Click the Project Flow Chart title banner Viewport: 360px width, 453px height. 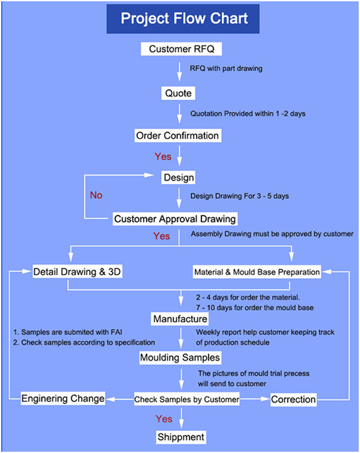click(x=183, y=19)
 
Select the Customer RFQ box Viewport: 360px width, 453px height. click(x=181, y=49)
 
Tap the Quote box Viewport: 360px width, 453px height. click(x=178, y=94)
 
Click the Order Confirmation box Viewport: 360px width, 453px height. click(x=178, y=136)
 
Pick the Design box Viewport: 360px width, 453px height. click(x=178, y=177)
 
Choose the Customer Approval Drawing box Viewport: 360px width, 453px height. click(x=175, y=219)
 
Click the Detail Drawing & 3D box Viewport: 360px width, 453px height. click(x=77, y=272)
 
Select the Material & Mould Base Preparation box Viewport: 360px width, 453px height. click(x=257, y=272)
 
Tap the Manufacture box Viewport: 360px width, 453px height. click(x=180, y=319)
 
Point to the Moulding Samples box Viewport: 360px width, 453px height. click(x=180, y=357)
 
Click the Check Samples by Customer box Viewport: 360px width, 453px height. click(x=187, y=399)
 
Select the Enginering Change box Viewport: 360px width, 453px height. click(x=63, y=399)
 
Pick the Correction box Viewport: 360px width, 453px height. click(x=294, y=399)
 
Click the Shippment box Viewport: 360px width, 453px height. click(x=181, y=437)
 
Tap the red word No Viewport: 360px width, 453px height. click(x=96, y=196)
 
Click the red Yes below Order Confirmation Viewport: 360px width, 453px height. click(x=163, y=157)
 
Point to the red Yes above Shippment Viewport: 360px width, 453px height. click(x=164, y=419)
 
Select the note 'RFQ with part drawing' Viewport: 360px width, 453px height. click(x=226, y=69)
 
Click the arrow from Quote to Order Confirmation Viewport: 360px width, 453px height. click(x=179, y=114)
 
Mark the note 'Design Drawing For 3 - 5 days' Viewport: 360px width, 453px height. click(x=239, y=196)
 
